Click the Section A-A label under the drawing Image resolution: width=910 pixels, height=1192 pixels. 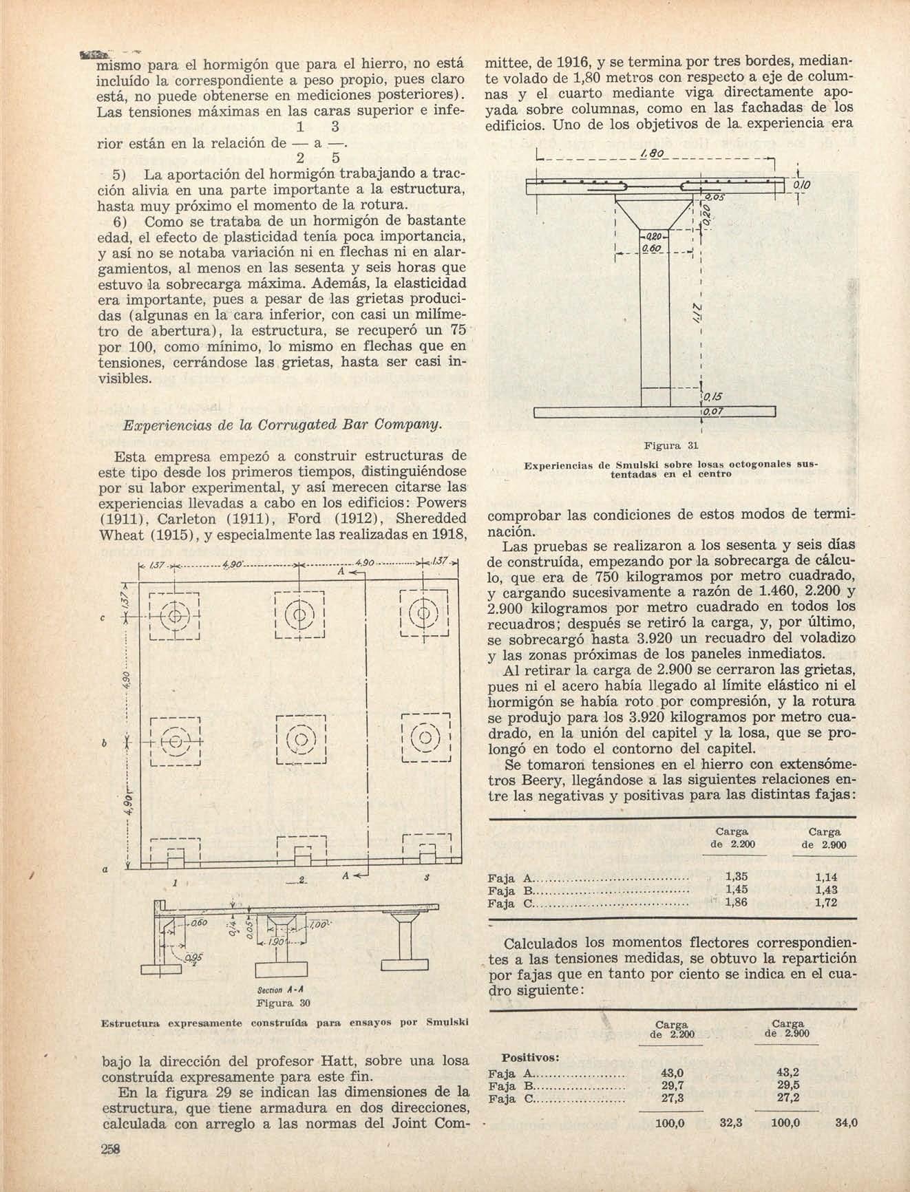(x=282, y=992)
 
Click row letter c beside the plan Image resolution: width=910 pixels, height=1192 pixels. (x=103, y=618)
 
